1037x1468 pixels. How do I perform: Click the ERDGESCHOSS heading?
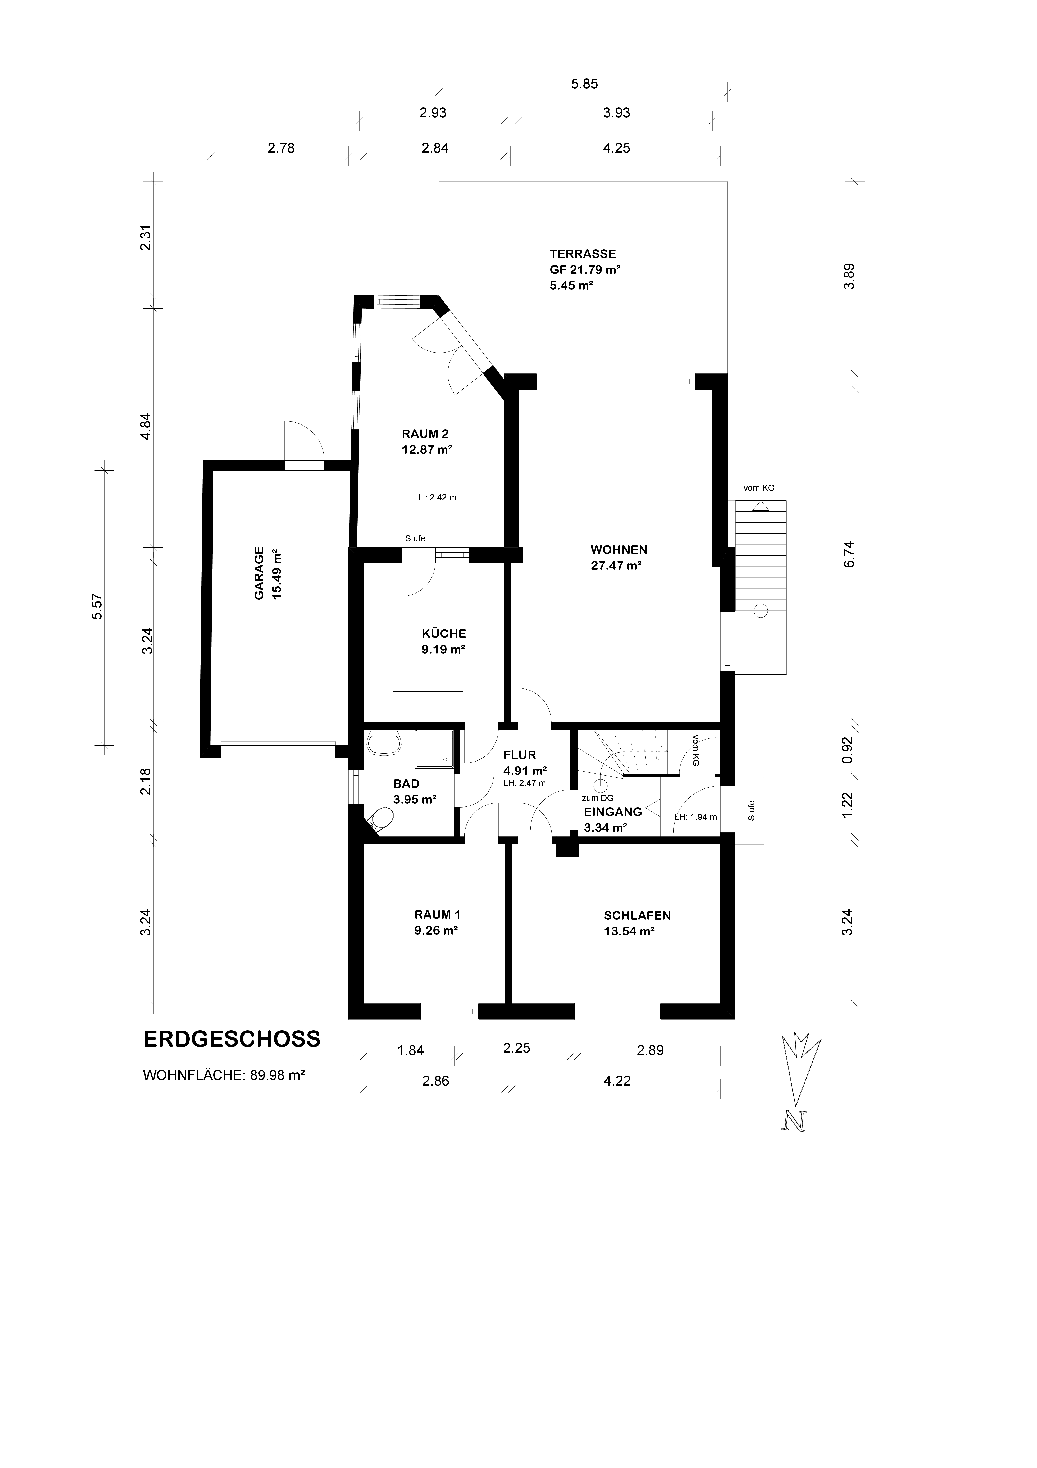[x=232, y=1039]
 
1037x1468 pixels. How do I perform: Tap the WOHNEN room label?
[x=618, y=550]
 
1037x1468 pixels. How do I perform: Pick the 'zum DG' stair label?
[x=598, y=798]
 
